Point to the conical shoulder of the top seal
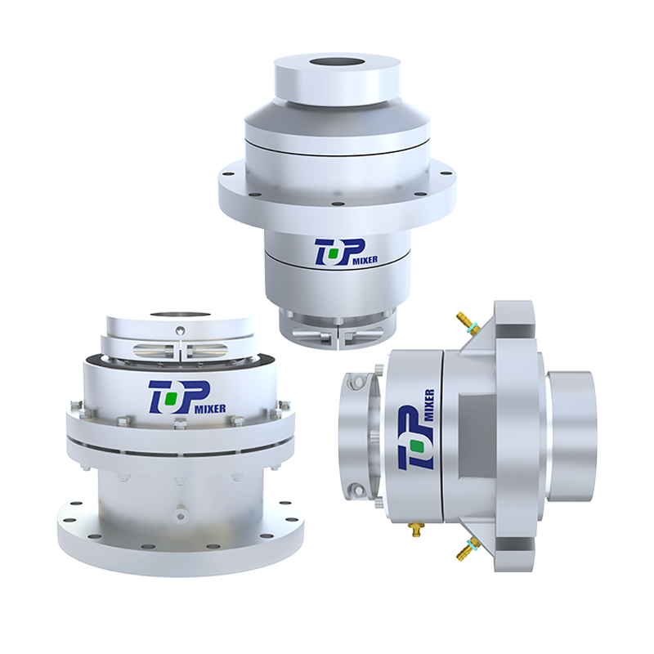point(337,119)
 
